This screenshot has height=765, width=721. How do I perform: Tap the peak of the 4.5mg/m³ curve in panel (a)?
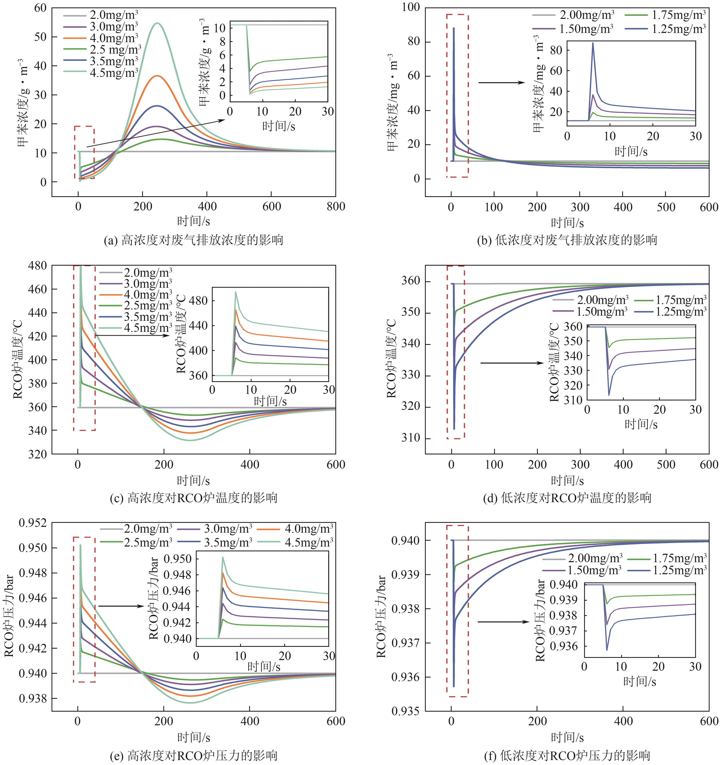[x=157, y=23]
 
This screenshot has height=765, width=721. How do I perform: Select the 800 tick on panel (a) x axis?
[x=336, y=207]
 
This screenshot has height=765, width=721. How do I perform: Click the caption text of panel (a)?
[x=193, y=240]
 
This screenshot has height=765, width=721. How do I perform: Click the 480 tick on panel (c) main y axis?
[x=37, y=265]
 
